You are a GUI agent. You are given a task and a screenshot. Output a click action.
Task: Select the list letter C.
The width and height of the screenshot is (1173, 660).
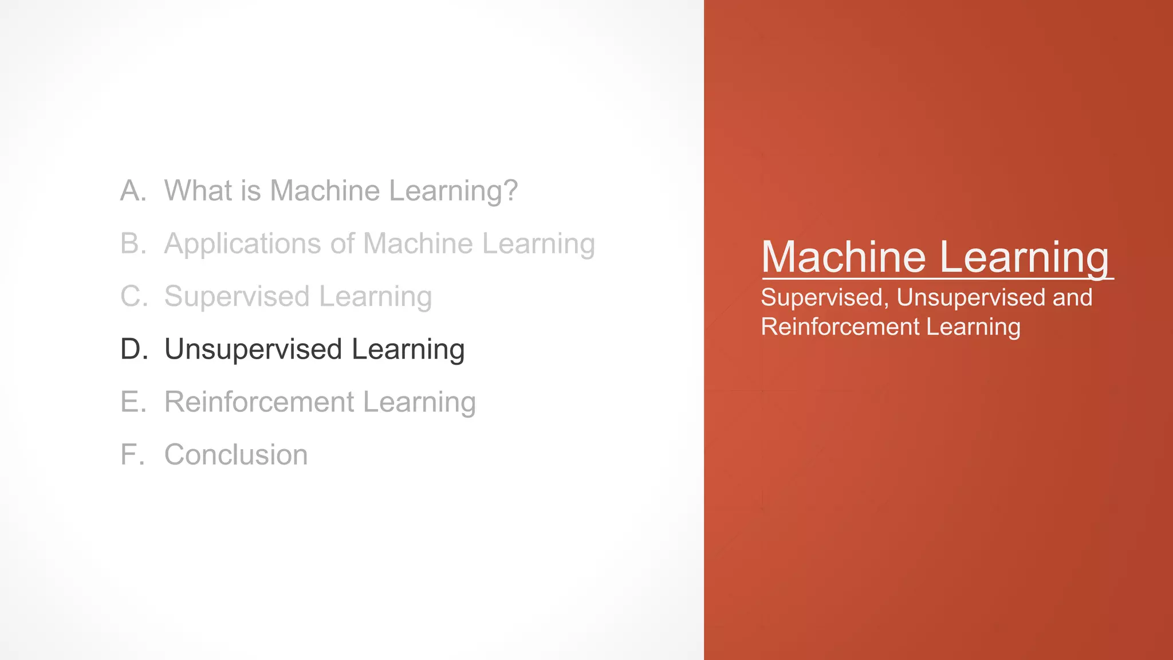pyautogui.click(x=132, y=297)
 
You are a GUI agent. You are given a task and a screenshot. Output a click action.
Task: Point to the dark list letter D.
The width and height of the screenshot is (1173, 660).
pyautogui.click(x=132, y=349)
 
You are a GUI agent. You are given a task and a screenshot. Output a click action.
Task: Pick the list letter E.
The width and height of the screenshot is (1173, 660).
pyautogui.click(x=131, y=402)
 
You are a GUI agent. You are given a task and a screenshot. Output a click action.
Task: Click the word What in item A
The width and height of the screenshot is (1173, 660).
pyautogui.click(x=198, y=191)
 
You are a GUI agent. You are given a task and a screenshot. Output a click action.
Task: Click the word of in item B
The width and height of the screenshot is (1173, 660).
pyautogui.click(x=343, y=243)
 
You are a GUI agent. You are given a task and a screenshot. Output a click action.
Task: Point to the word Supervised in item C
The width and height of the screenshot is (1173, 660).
pyautogui.click(x=237, y=297)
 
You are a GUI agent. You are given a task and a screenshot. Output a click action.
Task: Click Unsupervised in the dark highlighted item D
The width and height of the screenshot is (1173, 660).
pyautogui.click(x=253, y=349)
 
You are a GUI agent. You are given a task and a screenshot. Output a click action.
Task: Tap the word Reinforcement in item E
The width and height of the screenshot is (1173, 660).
pyautogui.click(x=259, y=402)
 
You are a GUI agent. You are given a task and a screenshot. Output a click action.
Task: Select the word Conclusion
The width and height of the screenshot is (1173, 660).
pyautogui.click(x=236, y=455)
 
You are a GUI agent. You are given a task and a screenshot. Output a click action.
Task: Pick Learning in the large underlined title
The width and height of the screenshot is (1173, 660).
pyautogui.click(x=1024, y=258)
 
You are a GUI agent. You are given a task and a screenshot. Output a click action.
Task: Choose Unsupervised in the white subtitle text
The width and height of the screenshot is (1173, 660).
pyautogui.click(x=971, y=298)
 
